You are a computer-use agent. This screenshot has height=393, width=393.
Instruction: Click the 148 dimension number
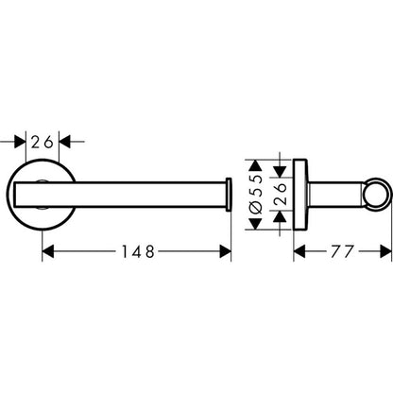click(138, 251)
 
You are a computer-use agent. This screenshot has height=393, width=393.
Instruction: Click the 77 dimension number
click(343, 251)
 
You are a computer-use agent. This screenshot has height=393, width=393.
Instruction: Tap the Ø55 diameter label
click(256, 195)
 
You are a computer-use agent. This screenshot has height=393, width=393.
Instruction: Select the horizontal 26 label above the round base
click(42, 143)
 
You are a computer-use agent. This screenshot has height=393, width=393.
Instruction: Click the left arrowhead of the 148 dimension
click(48, 251)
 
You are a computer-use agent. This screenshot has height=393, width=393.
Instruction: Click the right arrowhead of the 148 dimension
click(225, 251)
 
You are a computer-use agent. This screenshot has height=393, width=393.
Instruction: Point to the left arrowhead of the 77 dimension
click(299, 251)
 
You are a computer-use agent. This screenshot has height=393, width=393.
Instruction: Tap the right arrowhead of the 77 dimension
click(386, 251)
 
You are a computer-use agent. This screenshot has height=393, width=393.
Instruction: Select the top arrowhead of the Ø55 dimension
click(256, 165)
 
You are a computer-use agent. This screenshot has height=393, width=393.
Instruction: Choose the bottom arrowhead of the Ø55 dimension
click(256, 224)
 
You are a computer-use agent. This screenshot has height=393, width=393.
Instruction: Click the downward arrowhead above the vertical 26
click(280, 171)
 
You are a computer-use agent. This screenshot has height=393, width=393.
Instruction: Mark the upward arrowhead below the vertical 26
click(280, 217)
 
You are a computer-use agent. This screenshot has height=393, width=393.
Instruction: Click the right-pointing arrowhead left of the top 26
click(20, 142)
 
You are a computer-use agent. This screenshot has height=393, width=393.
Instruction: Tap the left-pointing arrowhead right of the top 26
click(65, 142)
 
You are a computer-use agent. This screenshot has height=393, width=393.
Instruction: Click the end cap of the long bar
click(229, 195)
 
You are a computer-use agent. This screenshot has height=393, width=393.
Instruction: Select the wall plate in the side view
click(299, 195)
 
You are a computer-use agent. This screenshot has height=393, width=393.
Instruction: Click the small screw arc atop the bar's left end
click(43, 180)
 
